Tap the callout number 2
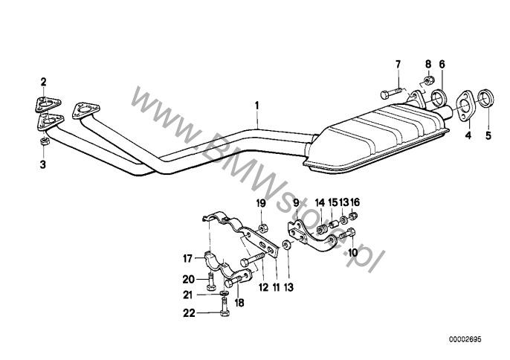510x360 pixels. (x=43, y=81)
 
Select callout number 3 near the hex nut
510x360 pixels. (x=43, y=162)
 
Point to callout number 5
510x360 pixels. (x=488, y=135)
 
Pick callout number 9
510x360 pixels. (x=296, y=202)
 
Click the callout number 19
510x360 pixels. (x=261, y=202)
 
